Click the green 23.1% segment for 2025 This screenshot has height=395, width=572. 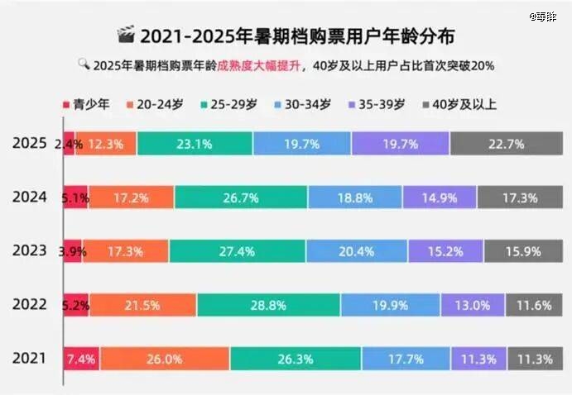pos(195,144)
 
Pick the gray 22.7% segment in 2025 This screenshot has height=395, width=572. pos(507,144)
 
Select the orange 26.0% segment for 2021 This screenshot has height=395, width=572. pos(165,359)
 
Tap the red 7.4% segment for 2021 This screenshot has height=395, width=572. pos(82,359)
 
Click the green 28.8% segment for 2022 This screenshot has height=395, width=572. pos(268,305)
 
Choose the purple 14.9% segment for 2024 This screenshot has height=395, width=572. pos(440,197)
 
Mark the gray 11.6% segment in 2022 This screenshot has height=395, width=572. pos(534,305)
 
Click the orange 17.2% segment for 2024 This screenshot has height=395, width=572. pos(131,197)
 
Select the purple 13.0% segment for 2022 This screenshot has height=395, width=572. pos(473,305)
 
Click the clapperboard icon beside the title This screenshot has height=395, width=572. pos(126,36)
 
